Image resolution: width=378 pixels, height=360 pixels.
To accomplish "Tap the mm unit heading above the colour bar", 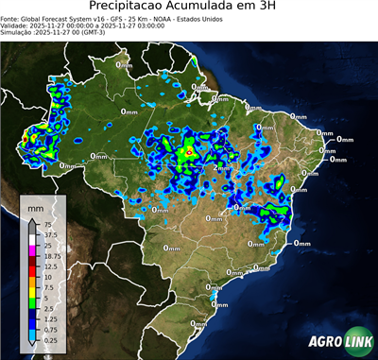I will [x=34, y=206].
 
